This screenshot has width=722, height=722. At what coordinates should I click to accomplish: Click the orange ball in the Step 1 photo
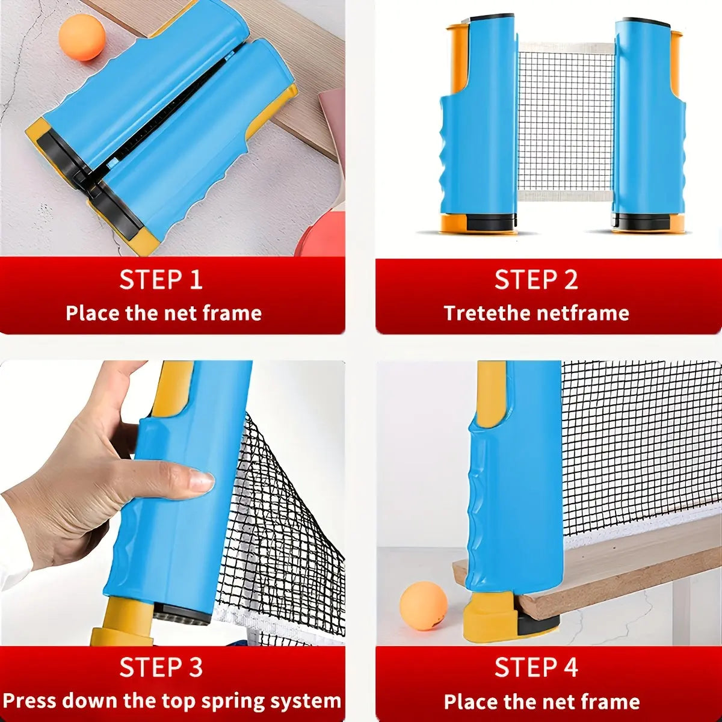coord(82,37)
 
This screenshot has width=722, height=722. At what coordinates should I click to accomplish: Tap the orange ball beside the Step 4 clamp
coord(424,605)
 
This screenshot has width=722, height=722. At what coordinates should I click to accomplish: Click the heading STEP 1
coord(161,280)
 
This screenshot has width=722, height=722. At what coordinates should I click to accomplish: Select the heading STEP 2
coord(536,280)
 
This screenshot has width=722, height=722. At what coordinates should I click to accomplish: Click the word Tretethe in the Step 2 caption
coord(487,313)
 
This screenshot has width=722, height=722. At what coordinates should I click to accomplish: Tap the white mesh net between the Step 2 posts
coord(566,120)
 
